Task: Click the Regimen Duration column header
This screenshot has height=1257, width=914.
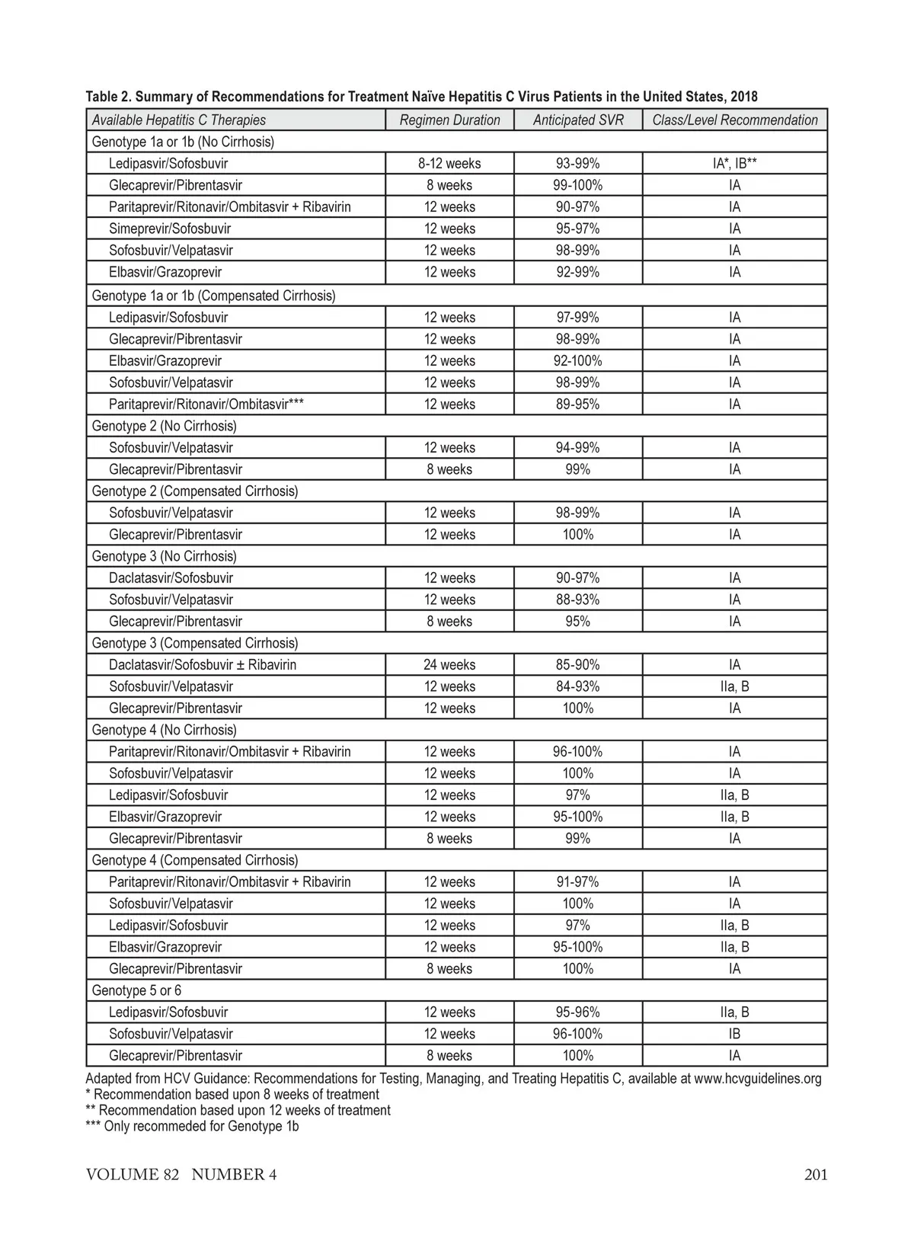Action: tap(449, 120)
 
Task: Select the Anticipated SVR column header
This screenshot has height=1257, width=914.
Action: tap(578, 120)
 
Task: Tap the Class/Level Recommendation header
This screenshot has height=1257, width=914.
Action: tap(734, 120)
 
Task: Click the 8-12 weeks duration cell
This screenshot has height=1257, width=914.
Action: tap(449, 163)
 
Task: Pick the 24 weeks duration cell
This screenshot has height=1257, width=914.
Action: tap(449, 664)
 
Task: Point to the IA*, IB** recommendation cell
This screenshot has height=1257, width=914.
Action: tap(734, 163)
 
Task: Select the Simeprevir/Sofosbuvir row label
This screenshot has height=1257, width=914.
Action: tap(170, 229)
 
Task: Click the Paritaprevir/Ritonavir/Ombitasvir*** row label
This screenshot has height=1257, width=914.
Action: tap(206, 404)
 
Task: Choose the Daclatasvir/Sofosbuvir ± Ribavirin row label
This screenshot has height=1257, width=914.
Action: tap(203, 664)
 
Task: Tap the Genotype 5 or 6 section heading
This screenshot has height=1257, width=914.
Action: tap(136, 990)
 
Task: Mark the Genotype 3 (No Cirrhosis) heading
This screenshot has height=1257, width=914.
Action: tap(164, 556)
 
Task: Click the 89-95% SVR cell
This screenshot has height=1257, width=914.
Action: tap(577, 404)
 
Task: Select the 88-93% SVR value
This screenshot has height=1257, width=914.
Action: tap(577, 600)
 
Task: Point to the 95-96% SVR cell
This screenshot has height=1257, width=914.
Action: tap(577, 1012)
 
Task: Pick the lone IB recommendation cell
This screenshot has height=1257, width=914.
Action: tap(734, 1034)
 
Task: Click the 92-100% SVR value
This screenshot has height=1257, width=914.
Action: tap(577, 360)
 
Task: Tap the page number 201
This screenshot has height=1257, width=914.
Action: tap(816, 1174)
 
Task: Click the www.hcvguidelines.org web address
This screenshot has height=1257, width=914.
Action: tap(758, 1078)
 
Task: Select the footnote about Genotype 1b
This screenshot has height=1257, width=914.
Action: tap(192, 1126)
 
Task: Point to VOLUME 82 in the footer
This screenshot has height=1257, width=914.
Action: tap(133, 1174)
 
